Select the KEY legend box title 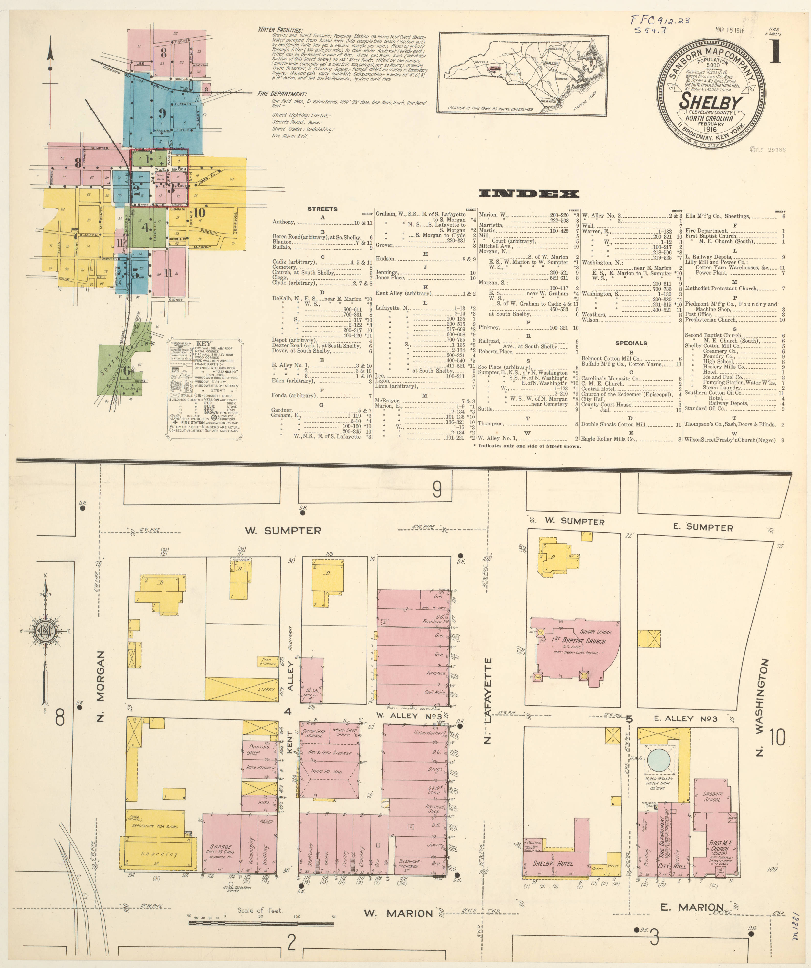[x=204, y=344]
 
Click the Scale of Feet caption [x=260, y=910]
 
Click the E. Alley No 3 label [x=686, y=719]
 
